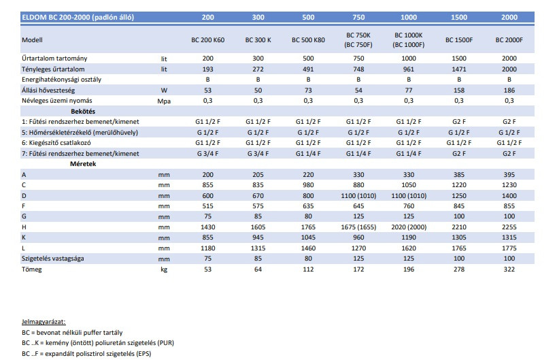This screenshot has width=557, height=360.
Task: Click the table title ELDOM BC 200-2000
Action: click(78, 17)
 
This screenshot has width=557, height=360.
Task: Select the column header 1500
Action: click(459, 17)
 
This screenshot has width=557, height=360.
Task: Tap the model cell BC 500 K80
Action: click(308, 40)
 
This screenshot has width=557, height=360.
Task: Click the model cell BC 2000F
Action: click(509, 40)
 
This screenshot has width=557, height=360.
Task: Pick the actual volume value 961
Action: click(409, 69)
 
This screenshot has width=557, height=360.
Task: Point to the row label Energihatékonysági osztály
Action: click(61, 80)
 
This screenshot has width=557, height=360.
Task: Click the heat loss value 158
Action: click(459, 91)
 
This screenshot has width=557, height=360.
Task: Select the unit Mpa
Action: click(164, 101)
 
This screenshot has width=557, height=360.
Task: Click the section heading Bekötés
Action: click(83, 111)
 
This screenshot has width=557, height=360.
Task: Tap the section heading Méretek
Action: click(83, 164)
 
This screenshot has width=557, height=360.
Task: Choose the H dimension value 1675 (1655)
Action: click(358, 227)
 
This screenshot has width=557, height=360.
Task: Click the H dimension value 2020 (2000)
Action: click(409, 227)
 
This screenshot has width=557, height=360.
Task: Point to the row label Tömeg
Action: click(31, 269)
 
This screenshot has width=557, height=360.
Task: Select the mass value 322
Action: click(509, 269)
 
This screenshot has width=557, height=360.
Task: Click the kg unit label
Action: click(164, 269)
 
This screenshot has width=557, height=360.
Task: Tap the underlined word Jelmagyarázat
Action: click(44, 322)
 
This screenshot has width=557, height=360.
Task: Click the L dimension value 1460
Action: click(308, 248)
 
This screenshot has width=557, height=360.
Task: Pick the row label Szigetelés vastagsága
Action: click(53, 259)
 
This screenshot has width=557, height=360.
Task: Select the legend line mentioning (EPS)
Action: click(86, 354)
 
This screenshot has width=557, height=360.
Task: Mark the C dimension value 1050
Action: click(409, 185)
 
